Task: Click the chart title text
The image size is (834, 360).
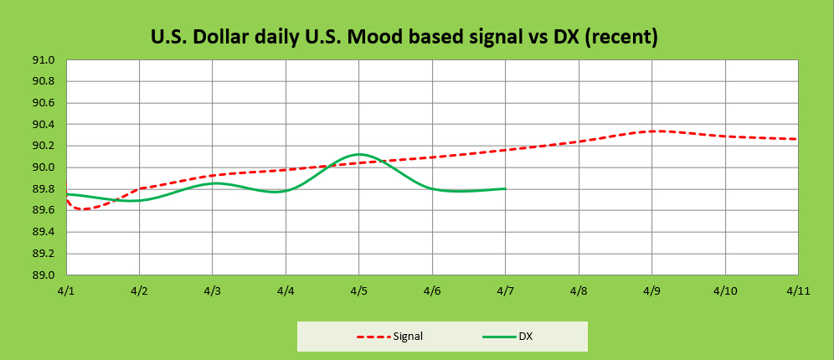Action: pos(404,37)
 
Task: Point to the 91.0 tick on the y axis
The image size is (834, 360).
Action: pos(44,60)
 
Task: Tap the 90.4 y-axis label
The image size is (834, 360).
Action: pos(44,125)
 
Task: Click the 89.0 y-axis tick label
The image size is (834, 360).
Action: pos(44,275)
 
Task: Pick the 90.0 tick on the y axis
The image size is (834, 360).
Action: pos(44,167)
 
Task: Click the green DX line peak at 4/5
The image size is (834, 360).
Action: pos(359,154)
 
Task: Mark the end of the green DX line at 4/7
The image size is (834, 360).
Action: pos(505,188)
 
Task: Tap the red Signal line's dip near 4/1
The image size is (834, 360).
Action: pos(83,208)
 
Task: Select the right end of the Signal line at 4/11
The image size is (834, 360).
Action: pos(796,139)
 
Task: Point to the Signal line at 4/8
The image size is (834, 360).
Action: pos(579,141)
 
